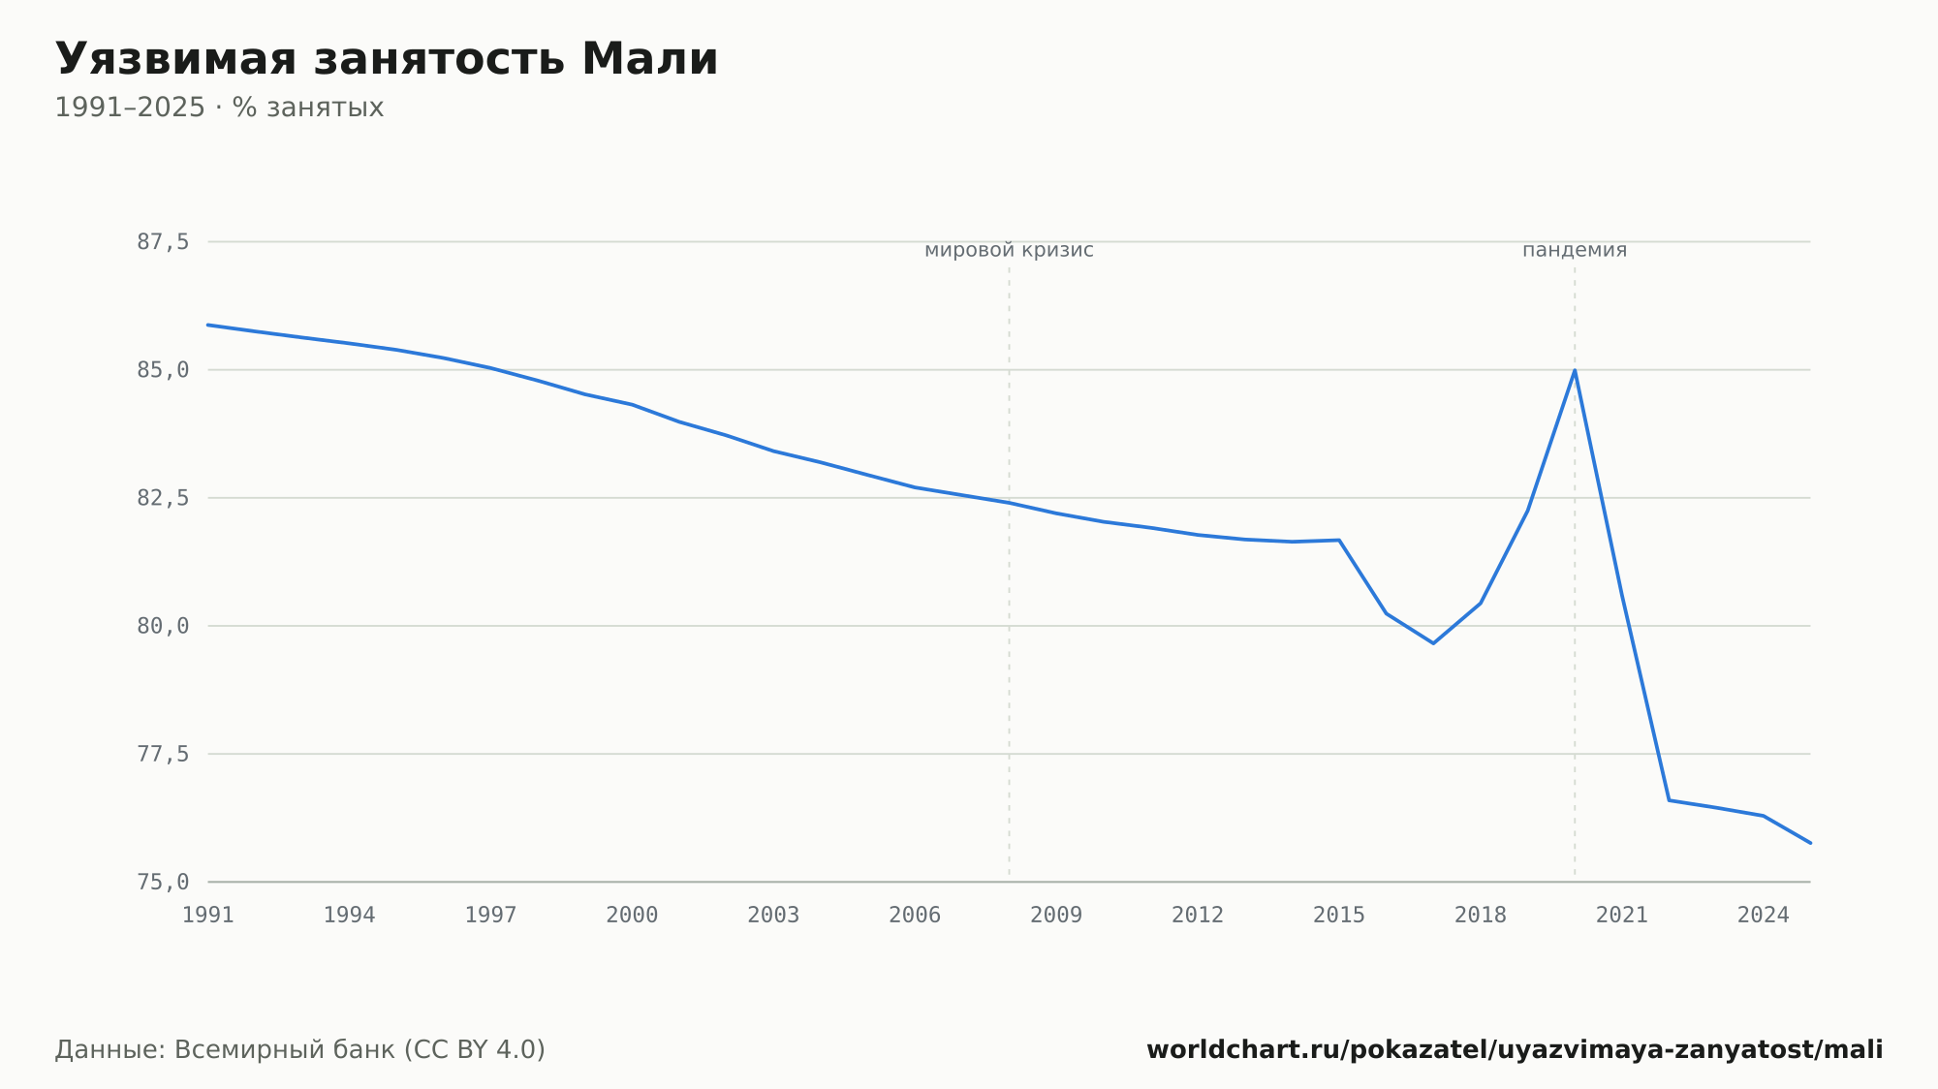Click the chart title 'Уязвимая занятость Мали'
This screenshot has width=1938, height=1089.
(x=387, y=60)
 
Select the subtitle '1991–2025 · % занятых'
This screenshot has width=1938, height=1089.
(x=219, y=108)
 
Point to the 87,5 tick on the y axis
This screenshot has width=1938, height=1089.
(x=163, y=242)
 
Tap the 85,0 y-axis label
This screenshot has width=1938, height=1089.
(x=163, y=370)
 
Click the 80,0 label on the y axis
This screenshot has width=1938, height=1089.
(x=163, y=626)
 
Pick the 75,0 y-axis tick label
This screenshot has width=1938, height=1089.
(x=163, y=882)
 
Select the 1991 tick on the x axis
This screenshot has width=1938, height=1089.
(x=208, y=916)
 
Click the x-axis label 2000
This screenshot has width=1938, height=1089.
(x=632, y=916)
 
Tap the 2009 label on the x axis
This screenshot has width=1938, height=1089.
(x=1056, y=916)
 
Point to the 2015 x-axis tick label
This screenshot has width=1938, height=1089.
(x=1339, y=916)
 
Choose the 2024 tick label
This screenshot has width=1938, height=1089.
(x=1764, y=916)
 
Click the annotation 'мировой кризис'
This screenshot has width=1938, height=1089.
(x=1009, y=251)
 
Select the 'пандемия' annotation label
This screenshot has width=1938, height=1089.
(x=1575, y=251)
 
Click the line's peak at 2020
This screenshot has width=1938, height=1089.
(x=1575, y=370)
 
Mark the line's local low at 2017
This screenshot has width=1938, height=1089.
(x=1433, y=643)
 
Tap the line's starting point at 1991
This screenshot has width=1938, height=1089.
(x=208, y=325)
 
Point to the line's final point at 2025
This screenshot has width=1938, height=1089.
(x=1810, y=843)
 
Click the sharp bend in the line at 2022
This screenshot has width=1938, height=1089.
(x=1669, y=800)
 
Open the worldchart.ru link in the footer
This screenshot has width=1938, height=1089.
(x=1515, y=1050)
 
